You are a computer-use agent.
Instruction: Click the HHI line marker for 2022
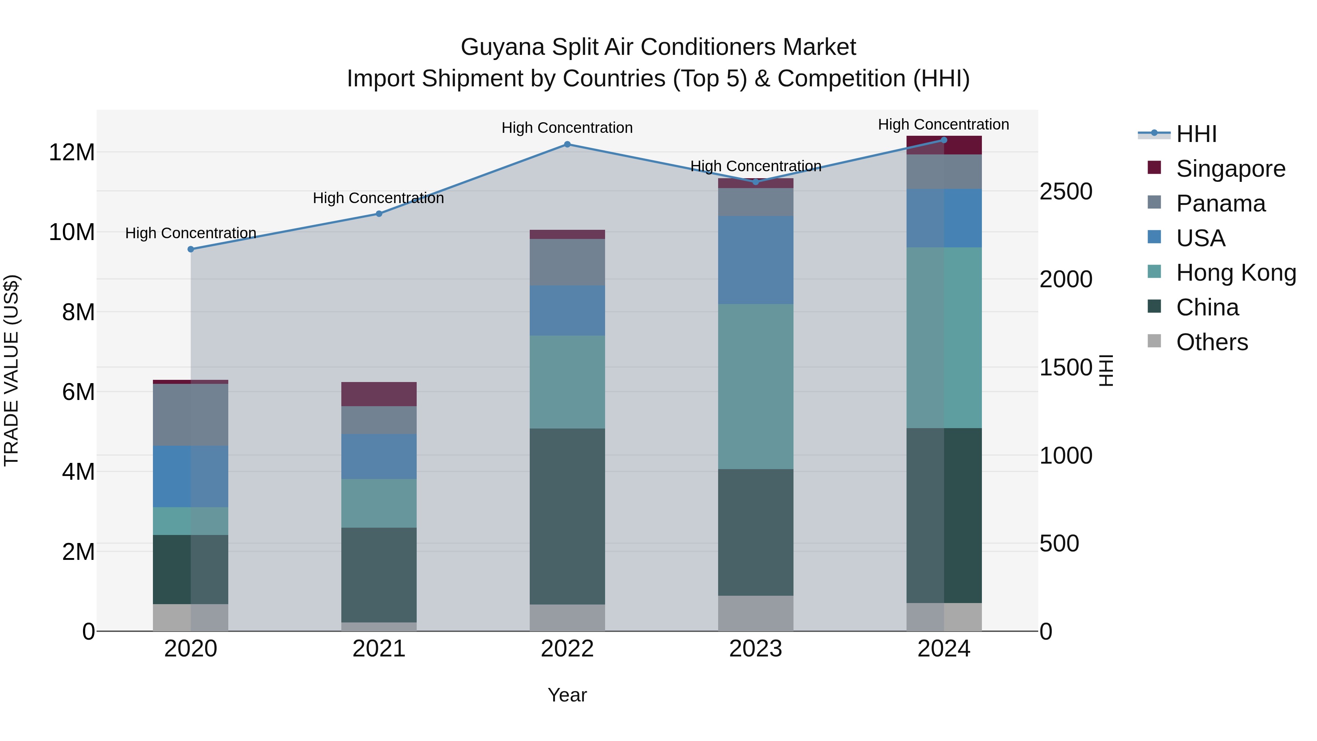coord(567,144)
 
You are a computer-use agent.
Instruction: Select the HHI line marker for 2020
coord(191,249)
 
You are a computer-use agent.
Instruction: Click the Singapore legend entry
coord(1230,169)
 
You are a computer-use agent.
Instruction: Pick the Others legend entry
coord(1212,342)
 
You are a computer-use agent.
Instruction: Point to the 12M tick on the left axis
coord(72,152)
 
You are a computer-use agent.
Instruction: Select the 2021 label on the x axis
coord(379,649)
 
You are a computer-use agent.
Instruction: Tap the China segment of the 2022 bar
coord(567,516)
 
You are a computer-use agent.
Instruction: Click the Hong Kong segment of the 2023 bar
coord(756,387)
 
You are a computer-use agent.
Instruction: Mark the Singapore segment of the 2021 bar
coord(379,394)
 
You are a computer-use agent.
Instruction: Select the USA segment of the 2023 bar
coord(756,260)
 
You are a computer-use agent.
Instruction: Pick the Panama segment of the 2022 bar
coord(567,262)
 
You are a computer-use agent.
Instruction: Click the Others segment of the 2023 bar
coord(756,613)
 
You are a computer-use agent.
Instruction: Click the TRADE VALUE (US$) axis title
coord(11,370)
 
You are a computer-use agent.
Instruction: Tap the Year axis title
coord(567,695)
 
